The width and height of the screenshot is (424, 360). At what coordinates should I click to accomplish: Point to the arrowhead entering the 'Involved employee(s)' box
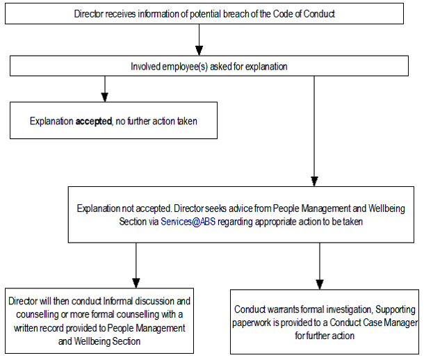click(200, 51)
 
